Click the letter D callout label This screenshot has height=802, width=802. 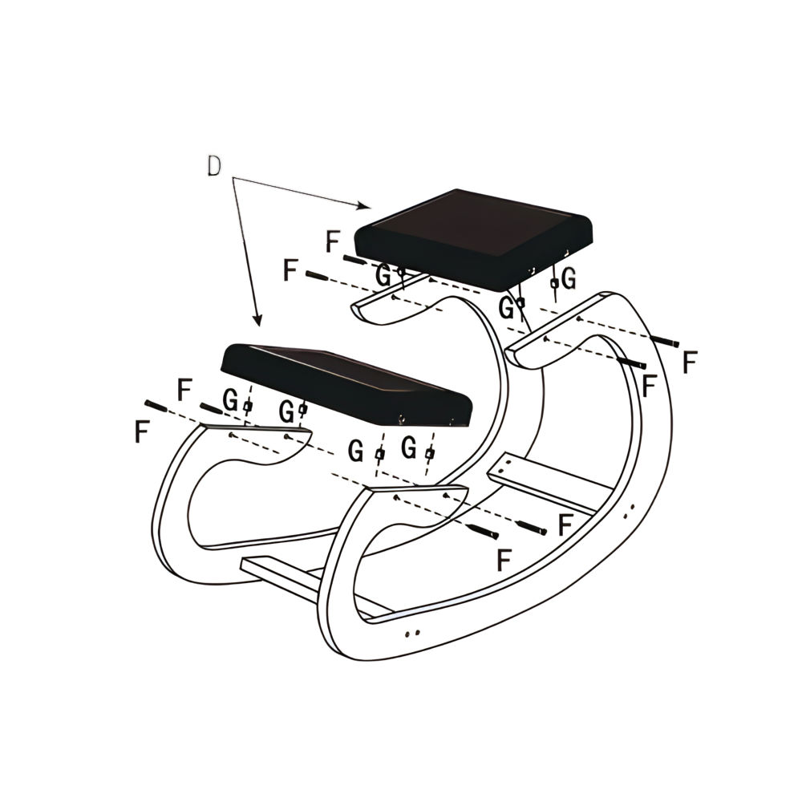(214, 166)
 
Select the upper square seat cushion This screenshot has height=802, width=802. (474, 238)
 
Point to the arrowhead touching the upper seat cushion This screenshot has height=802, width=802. (364, 205)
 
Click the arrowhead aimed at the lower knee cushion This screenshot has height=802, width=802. (258, 320)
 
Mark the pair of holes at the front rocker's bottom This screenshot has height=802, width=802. (413, 634)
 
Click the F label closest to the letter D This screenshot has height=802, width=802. (333, 241)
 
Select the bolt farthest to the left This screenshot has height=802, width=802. (156, 407)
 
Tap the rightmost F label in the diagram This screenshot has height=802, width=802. (690, 363)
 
